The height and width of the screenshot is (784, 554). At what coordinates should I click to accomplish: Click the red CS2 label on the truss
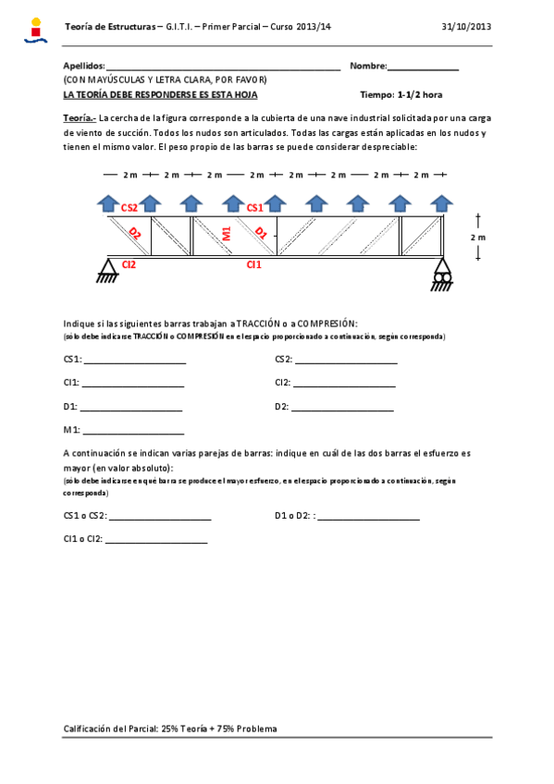point(129,209)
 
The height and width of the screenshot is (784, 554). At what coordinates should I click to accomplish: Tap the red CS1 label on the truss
point(255,209)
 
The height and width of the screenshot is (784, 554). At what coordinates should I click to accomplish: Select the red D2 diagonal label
point(135,233)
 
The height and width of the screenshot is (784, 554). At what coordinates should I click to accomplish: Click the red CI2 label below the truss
point(129,265)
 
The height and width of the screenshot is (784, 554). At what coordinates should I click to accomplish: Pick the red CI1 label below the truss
point(253,265)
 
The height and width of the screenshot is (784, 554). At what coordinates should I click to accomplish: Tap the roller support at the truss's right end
point(441,274)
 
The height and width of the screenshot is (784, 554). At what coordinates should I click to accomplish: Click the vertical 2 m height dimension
point(477,237)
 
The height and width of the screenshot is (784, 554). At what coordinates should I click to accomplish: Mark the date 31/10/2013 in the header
point(468,28)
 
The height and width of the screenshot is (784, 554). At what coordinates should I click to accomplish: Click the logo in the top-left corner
point(35,31)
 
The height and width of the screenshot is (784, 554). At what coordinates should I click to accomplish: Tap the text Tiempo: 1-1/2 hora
point(401,94)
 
